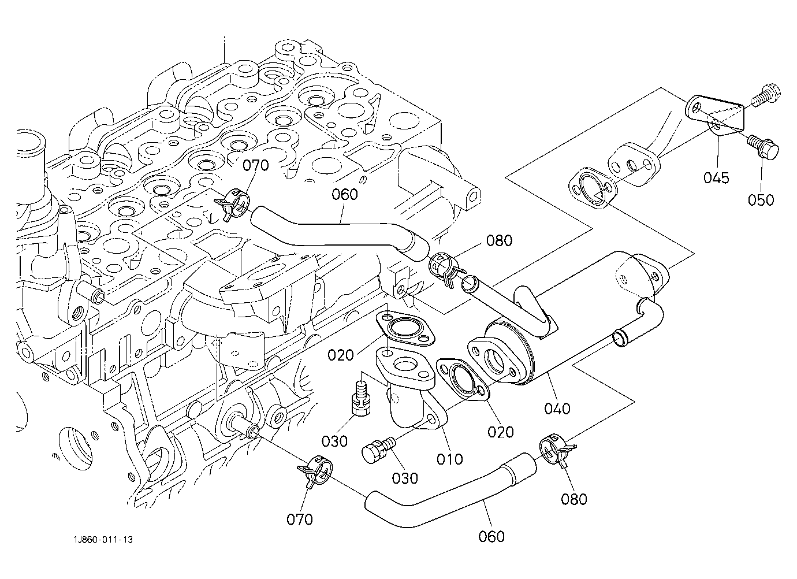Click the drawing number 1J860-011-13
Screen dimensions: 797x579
103,540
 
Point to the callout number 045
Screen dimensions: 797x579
716,178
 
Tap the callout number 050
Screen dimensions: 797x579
761,200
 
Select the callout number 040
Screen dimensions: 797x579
557,409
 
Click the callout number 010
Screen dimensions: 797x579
450,459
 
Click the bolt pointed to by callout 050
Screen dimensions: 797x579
763,149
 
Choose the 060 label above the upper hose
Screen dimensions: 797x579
344,194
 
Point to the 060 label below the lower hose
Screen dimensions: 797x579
491,537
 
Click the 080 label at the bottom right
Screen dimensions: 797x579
574,499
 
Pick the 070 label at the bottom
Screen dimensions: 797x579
300,519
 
